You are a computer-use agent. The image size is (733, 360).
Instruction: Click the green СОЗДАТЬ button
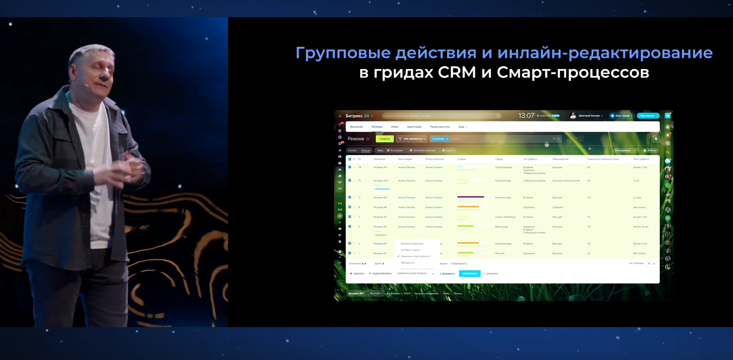click(385, 139)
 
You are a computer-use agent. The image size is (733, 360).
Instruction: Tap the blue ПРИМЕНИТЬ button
click(470, 274)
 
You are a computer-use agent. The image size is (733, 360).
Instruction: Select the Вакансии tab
click(356, 127)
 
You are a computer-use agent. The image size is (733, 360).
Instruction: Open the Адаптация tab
click(414, 127)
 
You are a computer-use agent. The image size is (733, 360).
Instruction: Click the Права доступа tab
click(440, 127)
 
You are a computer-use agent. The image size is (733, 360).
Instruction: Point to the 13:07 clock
click(526, 116)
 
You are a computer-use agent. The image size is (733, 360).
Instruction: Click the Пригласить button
click(648, 116)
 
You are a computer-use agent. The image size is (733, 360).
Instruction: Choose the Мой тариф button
click(622, 116)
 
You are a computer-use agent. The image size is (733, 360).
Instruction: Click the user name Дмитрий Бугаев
click(589, 116)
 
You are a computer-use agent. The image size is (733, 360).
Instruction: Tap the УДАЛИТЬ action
click(357, 274)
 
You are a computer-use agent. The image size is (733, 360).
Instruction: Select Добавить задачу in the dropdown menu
click(410, 250)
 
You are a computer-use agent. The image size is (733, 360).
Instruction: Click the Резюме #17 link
click(380, 167)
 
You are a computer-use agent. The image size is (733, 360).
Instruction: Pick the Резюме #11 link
click(380, 198)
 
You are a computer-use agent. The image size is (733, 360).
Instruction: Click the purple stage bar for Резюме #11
click(471, 197)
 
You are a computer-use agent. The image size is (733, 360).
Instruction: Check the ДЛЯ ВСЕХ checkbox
click(485, 274)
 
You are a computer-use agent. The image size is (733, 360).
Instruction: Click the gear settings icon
click(656, 139)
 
